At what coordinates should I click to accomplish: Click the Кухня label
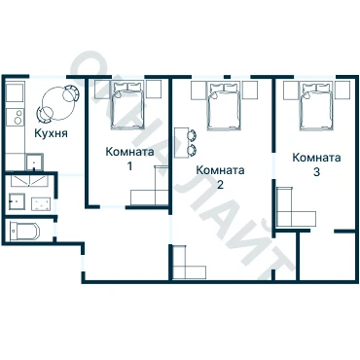pos(52,133)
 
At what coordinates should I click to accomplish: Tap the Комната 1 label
pos(129,159)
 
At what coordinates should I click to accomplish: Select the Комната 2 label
pos(220,177)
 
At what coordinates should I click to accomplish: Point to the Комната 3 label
pos(316,164)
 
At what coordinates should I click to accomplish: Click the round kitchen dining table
pos(58,103)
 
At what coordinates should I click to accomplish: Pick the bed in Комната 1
pos(127,105)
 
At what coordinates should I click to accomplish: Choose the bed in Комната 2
pos(224,106)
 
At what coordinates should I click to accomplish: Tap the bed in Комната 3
pos(317,106)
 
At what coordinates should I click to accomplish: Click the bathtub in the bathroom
pos(24,231)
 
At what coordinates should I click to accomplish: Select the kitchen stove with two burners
pos(16,117)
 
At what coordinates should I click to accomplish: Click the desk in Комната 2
pos(181,143)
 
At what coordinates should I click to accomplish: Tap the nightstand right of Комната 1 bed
pos(154,90)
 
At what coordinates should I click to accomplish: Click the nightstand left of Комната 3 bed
pos(291,90)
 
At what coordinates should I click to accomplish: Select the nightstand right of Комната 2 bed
pos(250,90)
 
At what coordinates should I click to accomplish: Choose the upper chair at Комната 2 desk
pos(192,135)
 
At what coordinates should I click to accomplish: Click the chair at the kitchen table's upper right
pos(71,92)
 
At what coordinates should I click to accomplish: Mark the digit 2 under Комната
pos(220,185)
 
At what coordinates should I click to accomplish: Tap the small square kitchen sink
pos(34,162)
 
